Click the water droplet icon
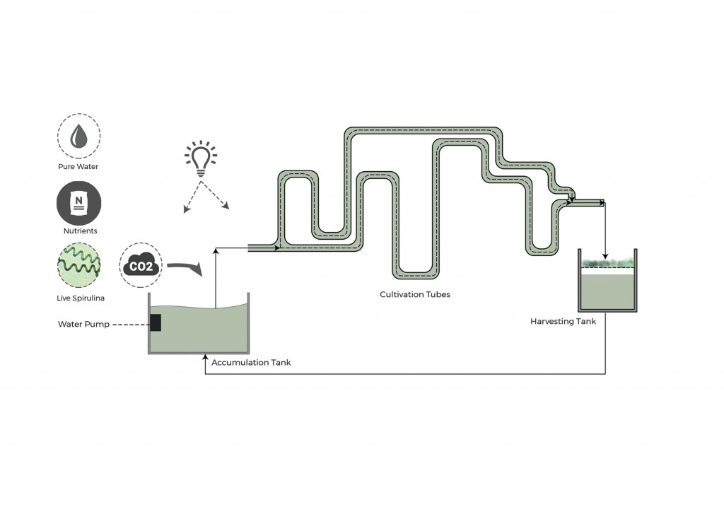(x=78, y=137)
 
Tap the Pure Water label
(x=78, y=167)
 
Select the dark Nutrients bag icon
(x=78, y=203)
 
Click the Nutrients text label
(x=78, y=231)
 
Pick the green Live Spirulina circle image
(x=78, y=265)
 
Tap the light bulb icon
(x=201, y=158)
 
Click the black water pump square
(x=156, y=322)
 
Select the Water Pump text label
(x=83, y=325)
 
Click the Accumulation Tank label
(x=251, y=363)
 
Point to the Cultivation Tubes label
(x=414, y=294)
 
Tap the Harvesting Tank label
(x=563, y=321)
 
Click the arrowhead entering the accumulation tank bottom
(x=205, y=357)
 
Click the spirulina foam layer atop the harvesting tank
(x=607, y=264)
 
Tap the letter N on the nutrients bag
(x=78, y=200)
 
